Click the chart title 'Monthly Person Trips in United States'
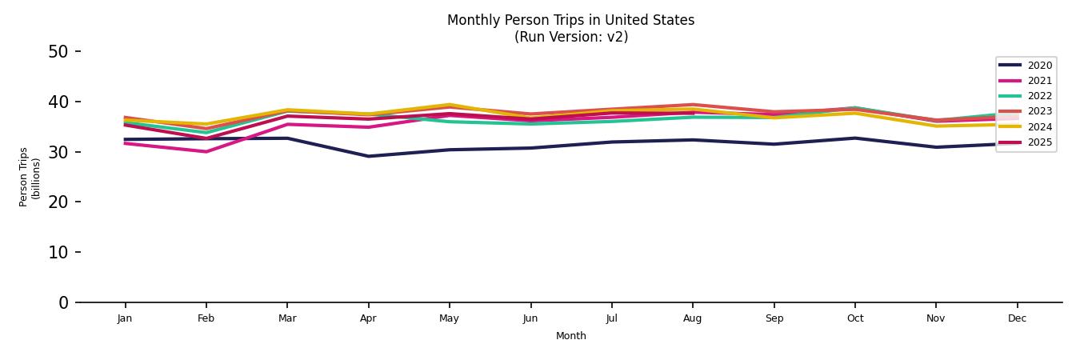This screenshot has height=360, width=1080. click(x=570, y=20)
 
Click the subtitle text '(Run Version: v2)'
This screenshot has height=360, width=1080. click(x=570, y=37)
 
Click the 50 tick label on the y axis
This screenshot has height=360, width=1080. click(x=58, y=52)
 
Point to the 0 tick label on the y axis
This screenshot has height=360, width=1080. click(x=63, y=302)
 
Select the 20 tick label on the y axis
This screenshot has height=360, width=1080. click(x=58, y=202)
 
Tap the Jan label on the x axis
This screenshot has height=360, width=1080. click(x=125, y=318)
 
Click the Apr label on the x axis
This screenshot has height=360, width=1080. click(x=368, y=318)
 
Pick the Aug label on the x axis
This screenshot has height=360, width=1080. click(x=693, y=318)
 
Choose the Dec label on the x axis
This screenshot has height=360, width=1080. click(x=1017, y=318)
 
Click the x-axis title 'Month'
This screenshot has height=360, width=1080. click(x=571, y=336)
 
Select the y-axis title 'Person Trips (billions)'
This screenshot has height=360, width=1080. click(x=30, y=177)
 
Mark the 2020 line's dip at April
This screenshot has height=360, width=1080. click(x=368, y=156)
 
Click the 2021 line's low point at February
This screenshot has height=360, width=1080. click(x=206, y=151)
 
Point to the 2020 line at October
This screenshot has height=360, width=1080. click(x=854, y=138)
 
